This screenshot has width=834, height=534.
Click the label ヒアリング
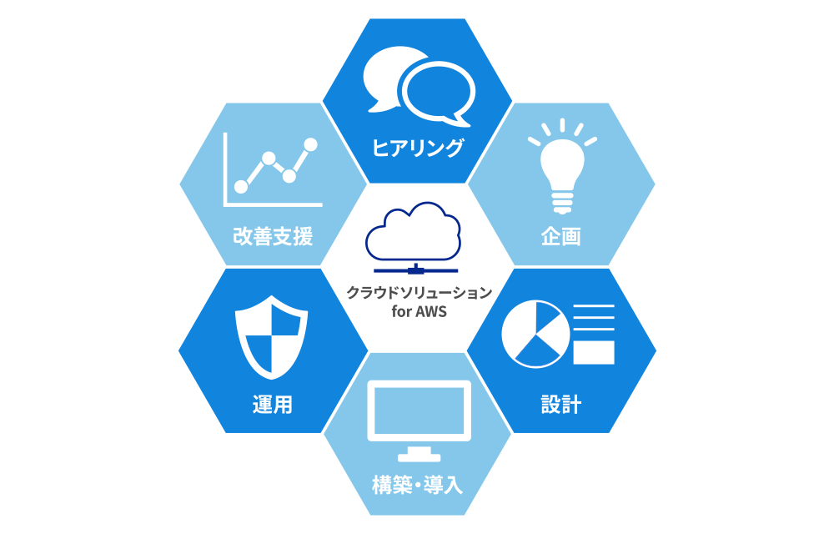pos(417,149)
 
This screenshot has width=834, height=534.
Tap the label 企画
pos(560,236)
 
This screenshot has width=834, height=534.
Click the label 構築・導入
pos(417,484)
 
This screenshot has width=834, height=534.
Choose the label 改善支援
pos(273,236)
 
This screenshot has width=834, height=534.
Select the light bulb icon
pos(562,167)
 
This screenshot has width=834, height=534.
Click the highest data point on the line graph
pos(311,144)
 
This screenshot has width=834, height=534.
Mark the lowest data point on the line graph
pos(242,187)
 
